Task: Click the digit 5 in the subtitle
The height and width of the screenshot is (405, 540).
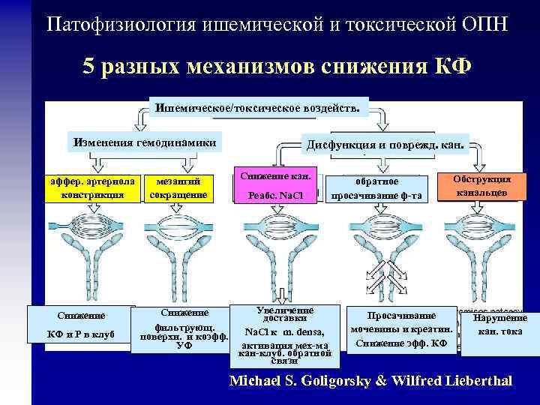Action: pos(88,67)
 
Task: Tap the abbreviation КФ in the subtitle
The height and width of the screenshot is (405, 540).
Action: pos(454,67)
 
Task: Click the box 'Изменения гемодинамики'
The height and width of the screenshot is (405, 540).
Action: pos(144,143)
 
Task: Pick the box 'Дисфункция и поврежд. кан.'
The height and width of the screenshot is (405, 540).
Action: pos(385,144)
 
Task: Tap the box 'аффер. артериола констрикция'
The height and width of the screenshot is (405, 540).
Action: pos(91,188)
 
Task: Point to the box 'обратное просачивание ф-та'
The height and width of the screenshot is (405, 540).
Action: pos(378,188)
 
